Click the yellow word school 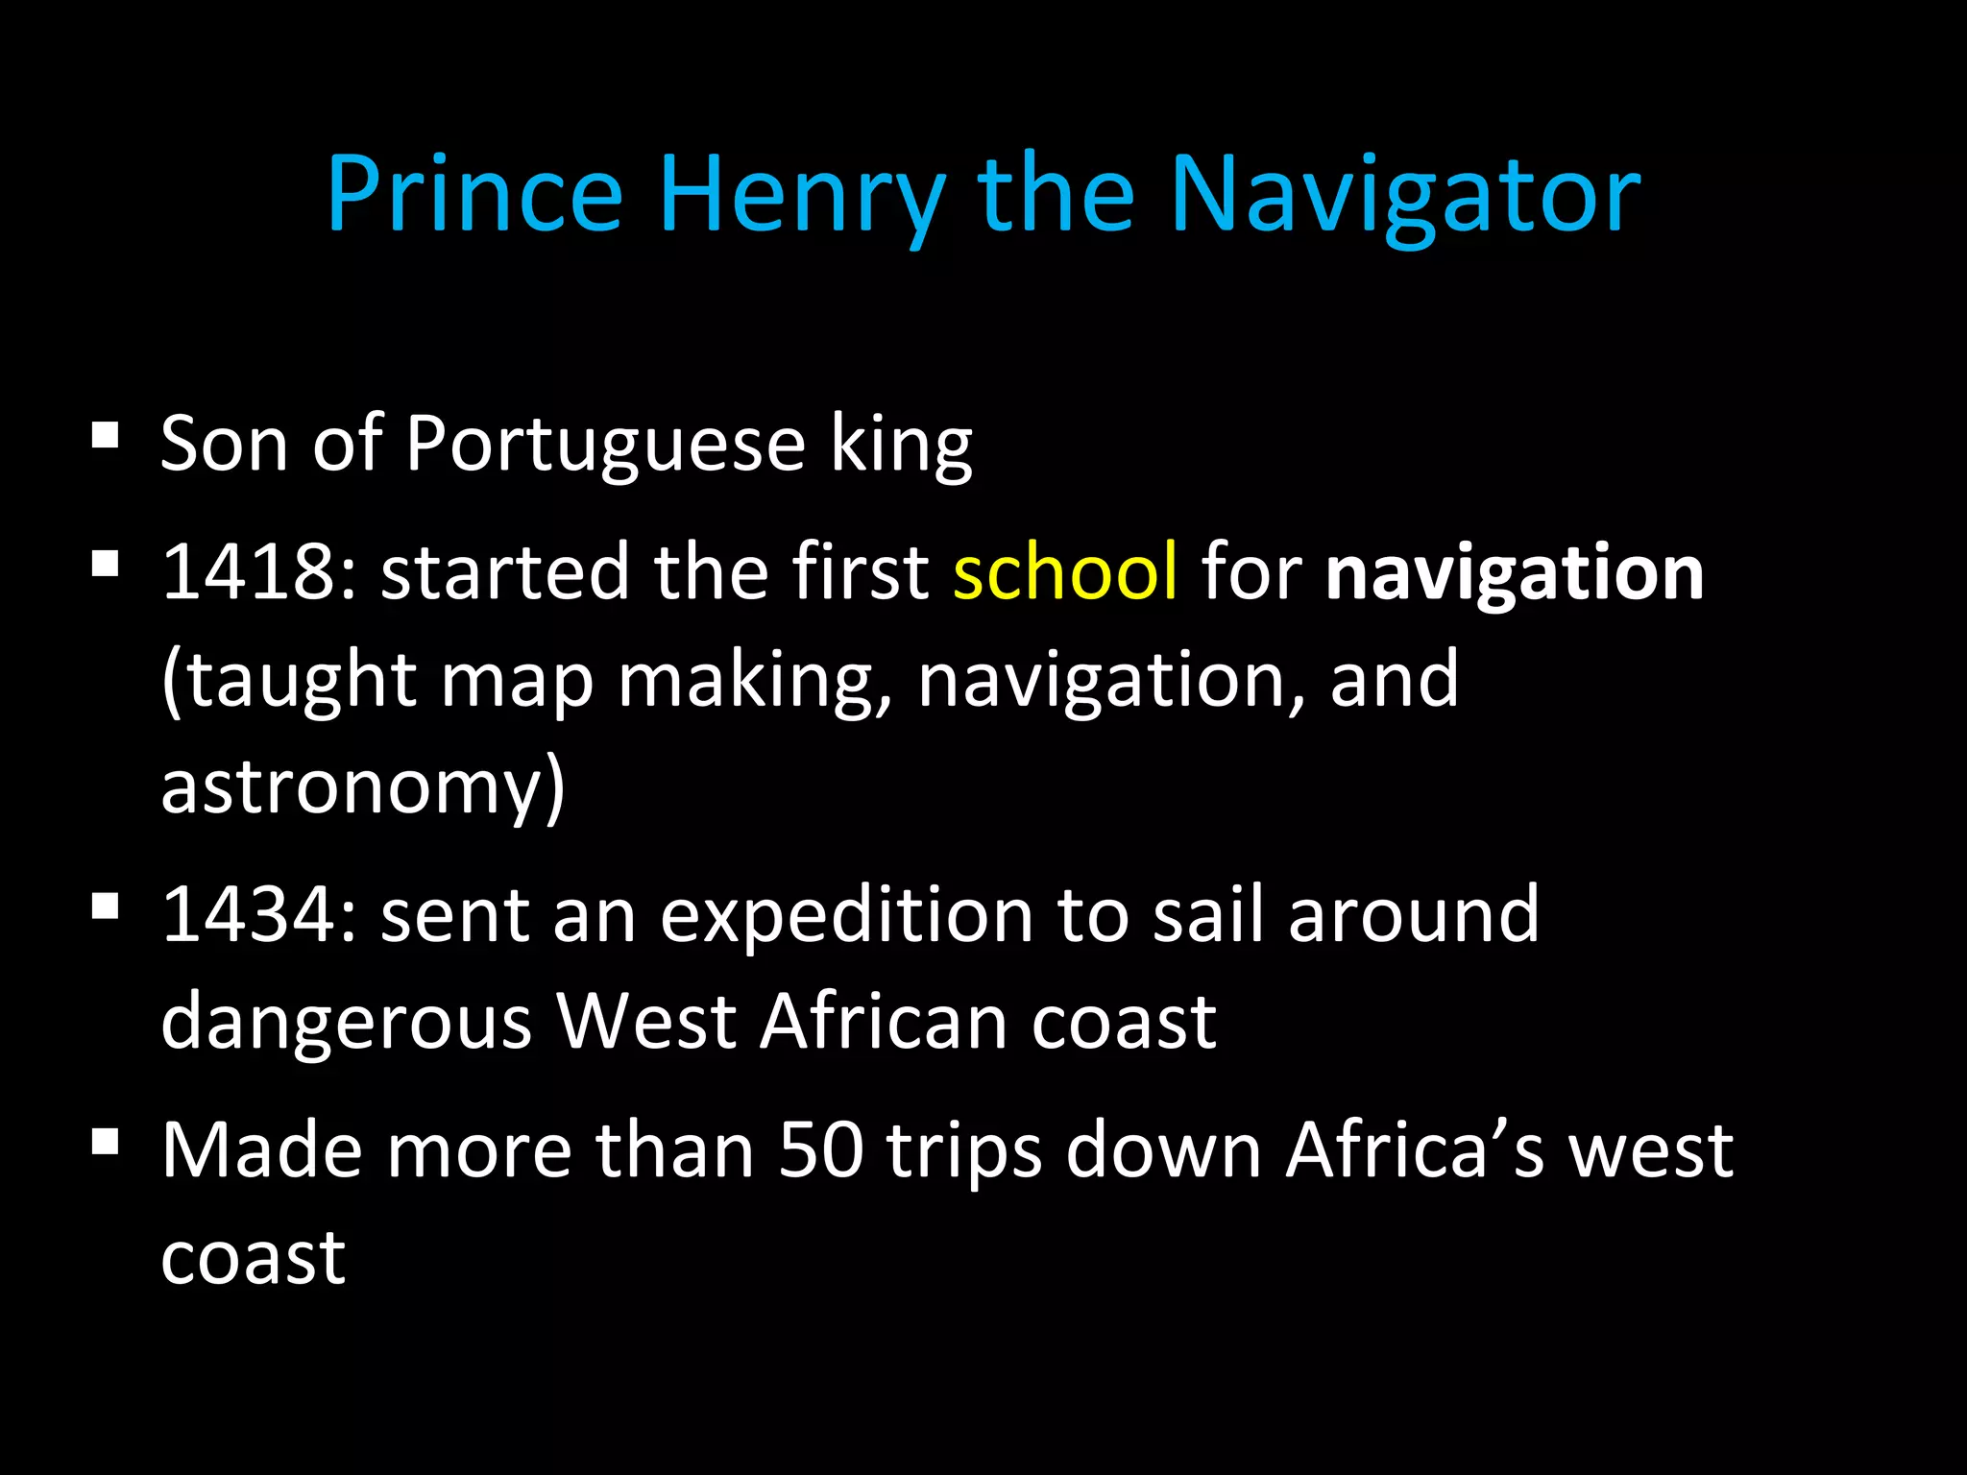click(1065, 571)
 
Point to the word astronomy click(363, 786)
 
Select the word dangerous click(346, 1021)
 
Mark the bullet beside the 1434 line click(106, 906)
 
